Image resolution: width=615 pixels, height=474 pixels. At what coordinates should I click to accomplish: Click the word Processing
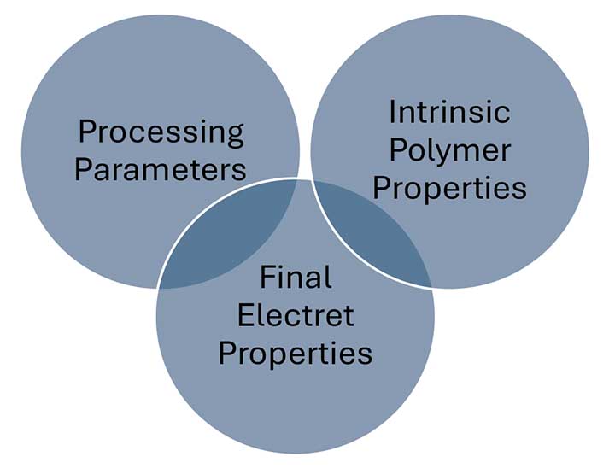click(161, 133)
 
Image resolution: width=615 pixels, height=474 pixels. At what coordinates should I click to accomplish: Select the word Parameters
click(160, 169)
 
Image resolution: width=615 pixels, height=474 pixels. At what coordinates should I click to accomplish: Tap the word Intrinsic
click(449, 112)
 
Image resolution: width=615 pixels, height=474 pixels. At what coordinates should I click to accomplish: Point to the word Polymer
click(450, 152)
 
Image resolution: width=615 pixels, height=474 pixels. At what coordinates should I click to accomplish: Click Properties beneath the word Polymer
click(449, 190)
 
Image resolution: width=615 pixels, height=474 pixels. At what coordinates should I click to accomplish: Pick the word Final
click(296, 277)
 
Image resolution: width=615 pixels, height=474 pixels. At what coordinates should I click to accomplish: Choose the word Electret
click(296, 315)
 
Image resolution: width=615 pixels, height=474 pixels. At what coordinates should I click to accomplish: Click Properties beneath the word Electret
click(296, 354)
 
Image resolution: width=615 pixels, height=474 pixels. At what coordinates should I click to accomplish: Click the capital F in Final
click(266, 277)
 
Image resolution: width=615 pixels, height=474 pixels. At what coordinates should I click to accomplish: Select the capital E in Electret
click(245, 315)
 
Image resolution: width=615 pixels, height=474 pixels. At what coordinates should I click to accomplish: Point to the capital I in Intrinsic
click(391, 112)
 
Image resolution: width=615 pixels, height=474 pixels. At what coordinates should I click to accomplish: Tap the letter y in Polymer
click(441, 155)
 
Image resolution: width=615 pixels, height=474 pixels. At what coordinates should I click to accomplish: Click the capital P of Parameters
click(83, 169)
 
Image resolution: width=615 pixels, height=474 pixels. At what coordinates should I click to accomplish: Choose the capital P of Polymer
click(397, 150)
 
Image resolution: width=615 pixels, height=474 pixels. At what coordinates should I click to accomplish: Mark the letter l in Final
click(329, 277)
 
